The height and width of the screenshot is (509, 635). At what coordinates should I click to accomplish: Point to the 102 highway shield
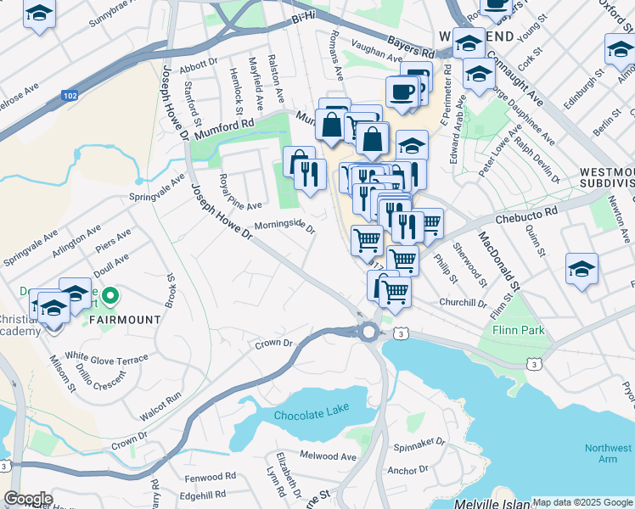pos(70,97)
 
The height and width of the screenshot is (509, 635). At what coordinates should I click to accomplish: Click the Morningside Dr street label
pos(284,227)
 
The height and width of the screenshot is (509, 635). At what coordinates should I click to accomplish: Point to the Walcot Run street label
pos(160,407)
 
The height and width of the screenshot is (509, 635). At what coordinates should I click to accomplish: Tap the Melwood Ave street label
pos(328,456)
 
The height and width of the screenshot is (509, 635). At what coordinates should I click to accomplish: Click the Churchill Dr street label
pos(463,302)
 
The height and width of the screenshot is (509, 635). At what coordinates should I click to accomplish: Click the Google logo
pos(27,499)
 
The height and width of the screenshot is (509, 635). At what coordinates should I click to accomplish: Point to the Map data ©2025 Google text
pos(582,502)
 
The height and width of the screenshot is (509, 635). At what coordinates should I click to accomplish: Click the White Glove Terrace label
pos(107,358)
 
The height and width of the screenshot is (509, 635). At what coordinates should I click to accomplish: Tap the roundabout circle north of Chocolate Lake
pos(368,333)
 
